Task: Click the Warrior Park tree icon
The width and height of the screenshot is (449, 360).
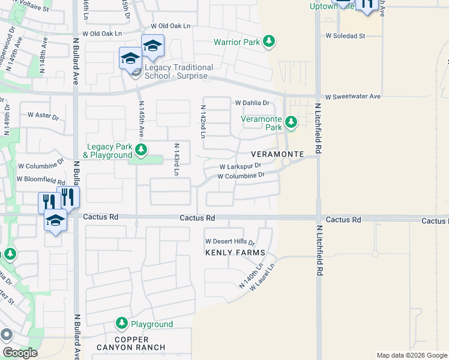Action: [x=270, y=41]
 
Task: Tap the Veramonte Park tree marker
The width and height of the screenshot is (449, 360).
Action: [x=291, y=123]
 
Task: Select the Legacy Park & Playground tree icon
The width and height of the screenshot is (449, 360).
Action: [x=140, y=149]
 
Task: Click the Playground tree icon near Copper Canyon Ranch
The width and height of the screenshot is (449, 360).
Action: [x=122, y=324]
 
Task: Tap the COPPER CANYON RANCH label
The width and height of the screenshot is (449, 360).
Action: [x=140, y=343]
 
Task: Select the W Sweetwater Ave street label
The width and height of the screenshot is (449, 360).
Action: [x=353, y=97]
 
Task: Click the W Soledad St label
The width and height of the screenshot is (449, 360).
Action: [x=345, y=36]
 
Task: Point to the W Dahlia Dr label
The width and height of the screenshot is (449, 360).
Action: [x=252, y=103]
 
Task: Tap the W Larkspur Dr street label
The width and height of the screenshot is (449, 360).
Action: [x=240, y=166]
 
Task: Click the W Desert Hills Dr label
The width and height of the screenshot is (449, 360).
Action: [x=230, y=241]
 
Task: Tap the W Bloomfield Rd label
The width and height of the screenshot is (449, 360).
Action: [x=40, y=179]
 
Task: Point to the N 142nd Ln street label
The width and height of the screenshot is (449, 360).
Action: [x=203, y=121]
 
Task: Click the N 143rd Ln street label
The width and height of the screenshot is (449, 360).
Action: [x=176, y=160]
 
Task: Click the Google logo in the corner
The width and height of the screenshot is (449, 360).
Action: [x=20, y=353]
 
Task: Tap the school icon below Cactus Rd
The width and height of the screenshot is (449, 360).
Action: [x=55, y=220]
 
